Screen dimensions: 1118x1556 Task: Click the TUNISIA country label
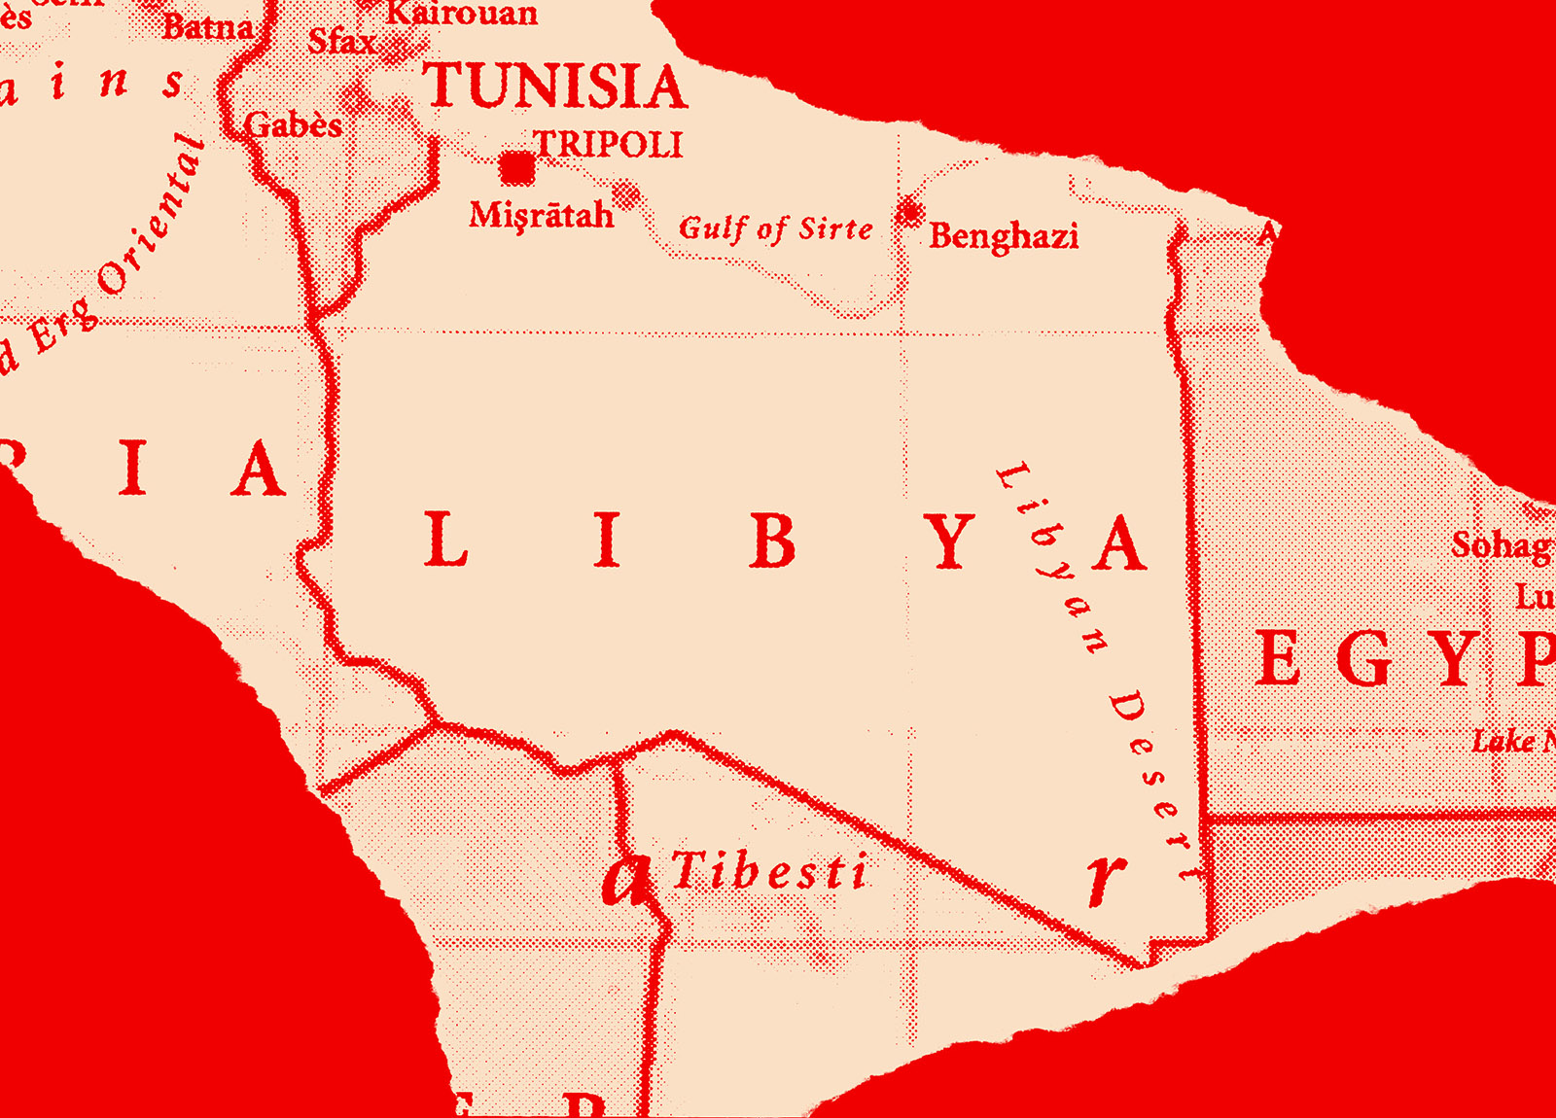coord(555,87)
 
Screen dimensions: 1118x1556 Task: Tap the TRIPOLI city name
coord(609,145)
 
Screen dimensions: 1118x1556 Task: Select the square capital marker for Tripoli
coord(517,169)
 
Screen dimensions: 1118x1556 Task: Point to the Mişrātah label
coord(541,215)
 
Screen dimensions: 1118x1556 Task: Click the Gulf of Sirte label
coord(775,229)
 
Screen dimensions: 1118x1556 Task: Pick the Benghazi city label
coord(1004,236)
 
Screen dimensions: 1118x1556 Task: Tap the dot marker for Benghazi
coord(910,210)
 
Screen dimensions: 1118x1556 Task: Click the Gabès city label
coord(294,125)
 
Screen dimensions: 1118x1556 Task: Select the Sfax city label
coord(341,42)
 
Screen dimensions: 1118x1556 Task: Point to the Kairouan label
coord(463,13)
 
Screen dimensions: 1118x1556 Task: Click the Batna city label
coord(207,26)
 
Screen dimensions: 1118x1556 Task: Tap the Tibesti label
coord(768,871)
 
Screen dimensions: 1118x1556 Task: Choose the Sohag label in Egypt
coord(1501,545)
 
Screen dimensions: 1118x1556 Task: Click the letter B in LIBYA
coord(773,541)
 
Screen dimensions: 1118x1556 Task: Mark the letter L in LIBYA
coord(446,541)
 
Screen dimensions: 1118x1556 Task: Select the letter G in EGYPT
coord(1366,658)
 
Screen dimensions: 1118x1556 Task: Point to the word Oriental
coord(156,214)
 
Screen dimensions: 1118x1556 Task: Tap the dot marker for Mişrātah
coord(625,195)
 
